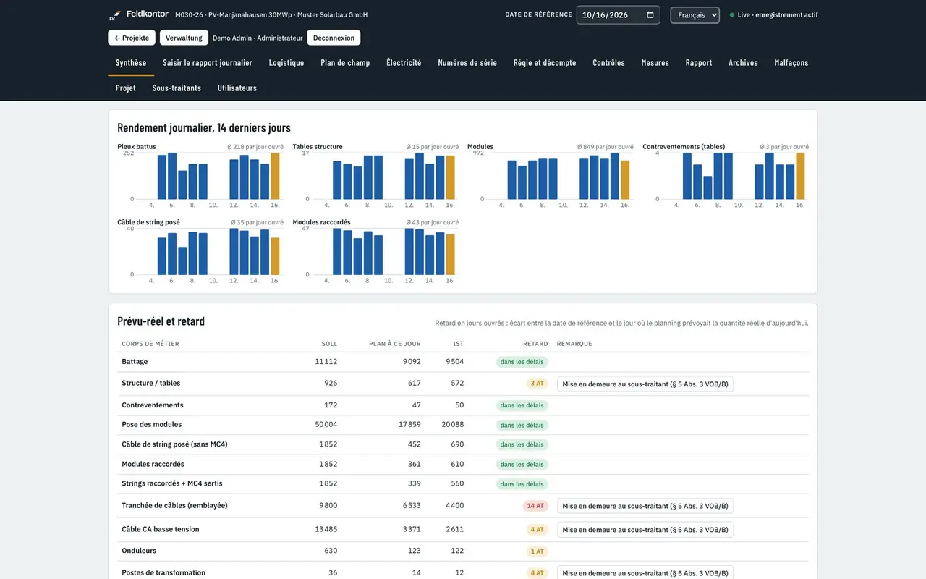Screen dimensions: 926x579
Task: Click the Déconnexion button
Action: pos(334,38)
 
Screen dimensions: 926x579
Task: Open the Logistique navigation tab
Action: pos(286,63)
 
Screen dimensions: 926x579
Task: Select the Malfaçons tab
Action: pos(791,63)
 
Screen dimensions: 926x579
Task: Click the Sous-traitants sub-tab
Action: pos(177,88)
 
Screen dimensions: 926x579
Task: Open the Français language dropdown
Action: pos(694,15)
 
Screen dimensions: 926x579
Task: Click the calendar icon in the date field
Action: pos(650,15)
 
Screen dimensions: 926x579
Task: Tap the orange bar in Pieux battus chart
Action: pos(275,176)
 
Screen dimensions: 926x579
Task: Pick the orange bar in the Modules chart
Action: pos(625,180)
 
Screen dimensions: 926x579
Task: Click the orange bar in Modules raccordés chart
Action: pos(450,255)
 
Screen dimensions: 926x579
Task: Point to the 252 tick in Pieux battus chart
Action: pos(129,153)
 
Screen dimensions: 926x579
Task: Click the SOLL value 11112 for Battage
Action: pos(326,361)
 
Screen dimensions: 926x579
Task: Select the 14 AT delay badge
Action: pos(535,506)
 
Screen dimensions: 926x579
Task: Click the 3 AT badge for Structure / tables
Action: pos(537,384)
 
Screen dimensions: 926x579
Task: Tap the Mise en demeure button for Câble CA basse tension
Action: pos(645,530)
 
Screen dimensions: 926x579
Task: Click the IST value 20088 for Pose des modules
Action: pos(452,424)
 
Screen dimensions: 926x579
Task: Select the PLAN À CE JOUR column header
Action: pos(395,344)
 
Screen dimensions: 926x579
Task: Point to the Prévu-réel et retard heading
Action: pos(161,321)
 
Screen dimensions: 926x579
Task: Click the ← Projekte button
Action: pos(132,38)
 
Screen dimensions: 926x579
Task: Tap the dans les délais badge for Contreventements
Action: pos(522,405)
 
